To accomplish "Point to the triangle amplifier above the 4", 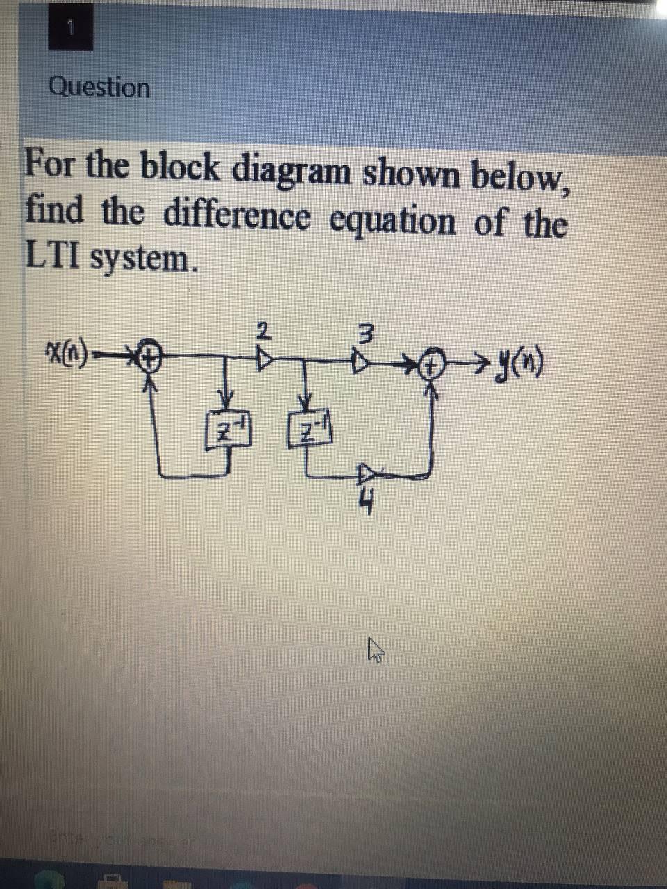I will point(366,474).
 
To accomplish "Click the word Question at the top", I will point(99,88).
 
